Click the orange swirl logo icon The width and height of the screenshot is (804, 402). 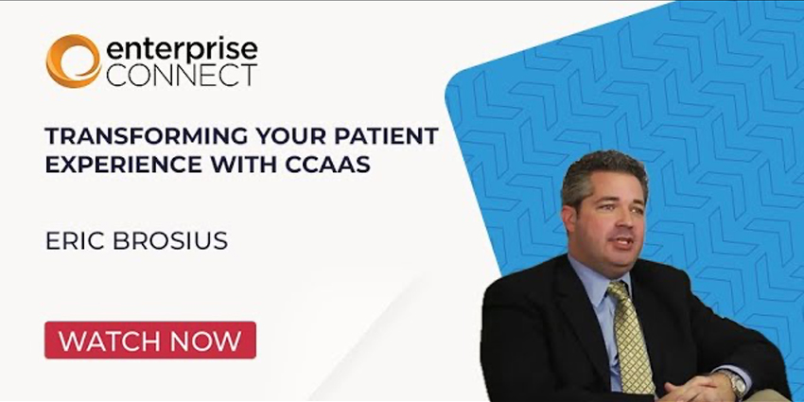click(73, 61)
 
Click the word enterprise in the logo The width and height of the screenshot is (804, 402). click(181, 50)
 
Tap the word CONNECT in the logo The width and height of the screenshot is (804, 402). click(181, 76)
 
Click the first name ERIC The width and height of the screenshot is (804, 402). click(71, 240)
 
